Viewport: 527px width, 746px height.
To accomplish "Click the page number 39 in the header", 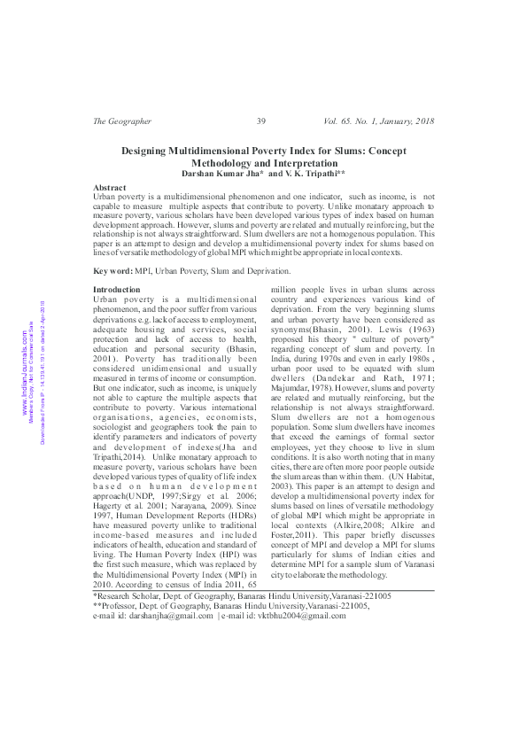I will [x=260, y=121].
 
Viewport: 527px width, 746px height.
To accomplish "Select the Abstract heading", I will [x=110, y=189].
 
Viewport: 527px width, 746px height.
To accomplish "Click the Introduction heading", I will [x=117, y=290].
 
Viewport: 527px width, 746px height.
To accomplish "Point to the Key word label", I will [x=113, y=269].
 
